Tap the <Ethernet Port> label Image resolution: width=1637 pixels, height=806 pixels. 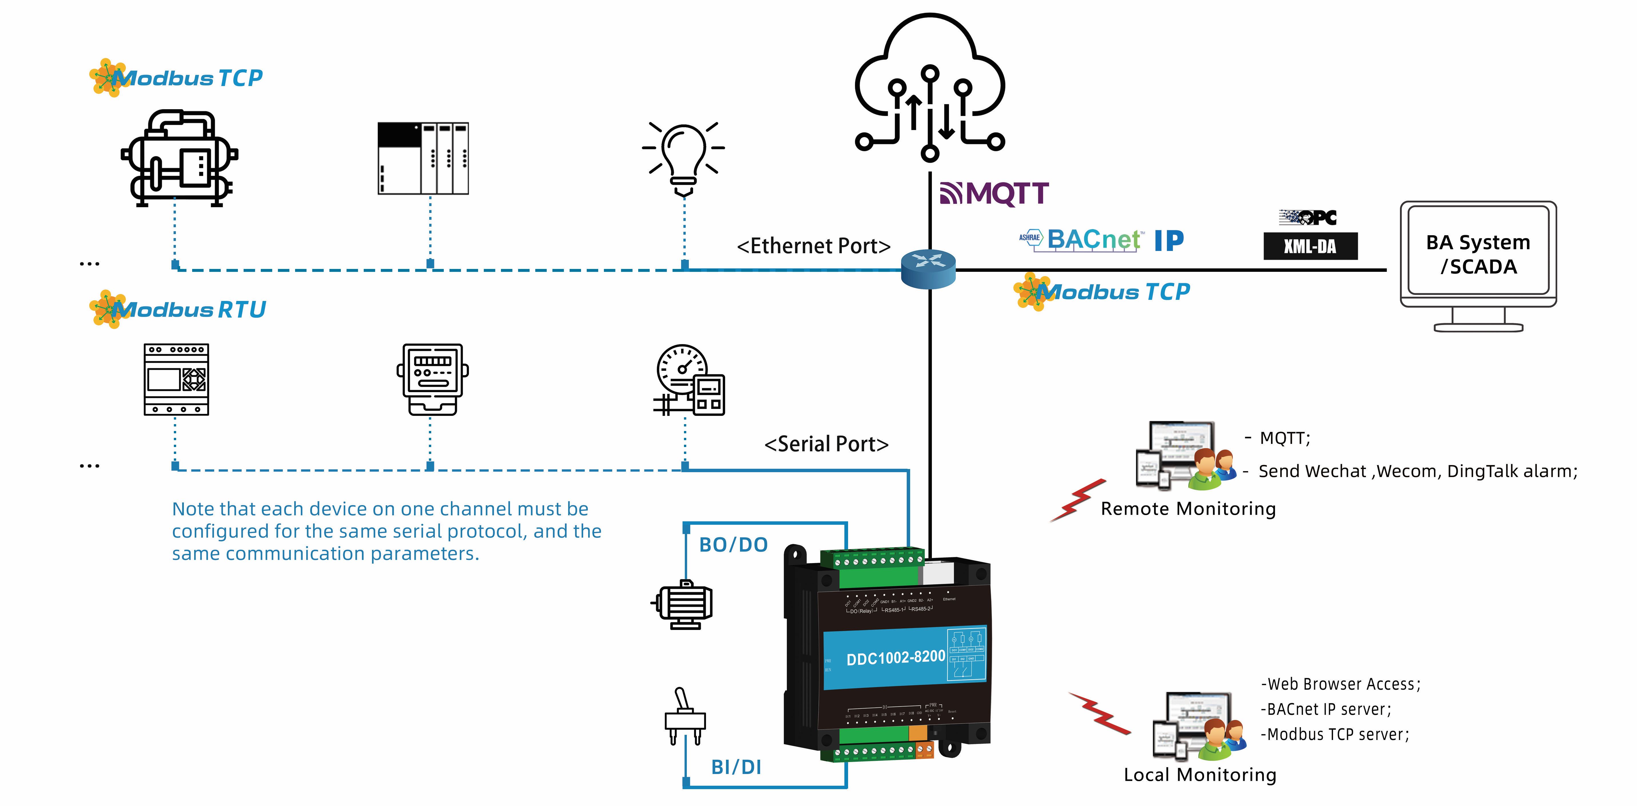tap(813, 246)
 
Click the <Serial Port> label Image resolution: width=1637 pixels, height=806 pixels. tap(826, 444)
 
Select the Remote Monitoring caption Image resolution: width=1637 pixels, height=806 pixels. tap(1188, 509)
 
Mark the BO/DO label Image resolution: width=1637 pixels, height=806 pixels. tap(733, 545)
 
